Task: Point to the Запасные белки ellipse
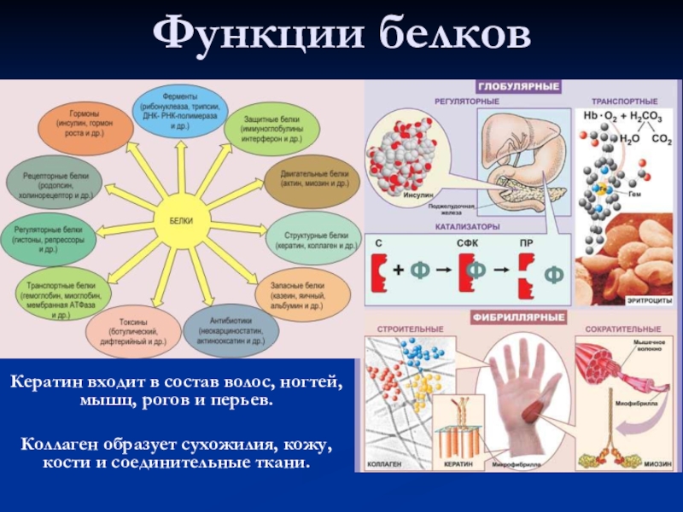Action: pyautogui.click(x=304, y=294)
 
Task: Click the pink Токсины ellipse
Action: pyautogui.click(x=132, y=329)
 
